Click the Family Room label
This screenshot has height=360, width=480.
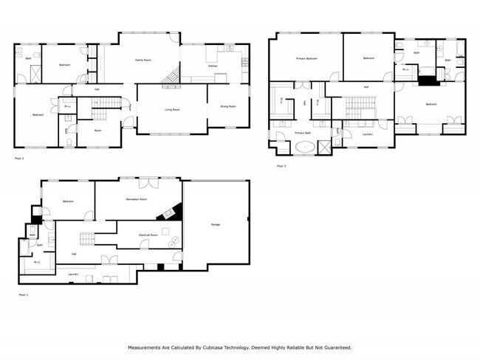[x=143, y=59]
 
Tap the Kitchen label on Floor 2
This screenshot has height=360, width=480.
[x=212, y=66]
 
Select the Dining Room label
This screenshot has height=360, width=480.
[x=228, y=106]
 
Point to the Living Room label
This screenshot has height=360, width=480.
[x=173, y=109]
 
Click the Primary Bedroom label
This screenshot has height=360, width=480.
[x=306, y=58]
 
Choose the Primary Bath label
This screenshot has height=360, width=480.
[x=303, y=133]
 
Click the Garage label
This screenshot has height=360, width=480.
[x=216, y=224]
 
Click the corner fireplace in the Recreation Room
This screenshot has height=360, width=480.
[x=168, y=212]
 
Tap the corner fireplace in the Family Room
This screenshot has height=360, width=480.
[x=172, y=75]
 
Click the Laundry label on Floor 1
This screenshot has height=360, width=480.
[x=73, y=274]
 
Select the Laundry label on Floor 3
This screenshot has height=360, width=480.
[x=367, y=134]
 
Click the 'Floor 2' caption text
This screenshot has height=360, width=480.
[x=19, y=158]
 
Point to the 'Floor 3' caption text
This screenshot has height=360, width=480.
[x=281, y=166]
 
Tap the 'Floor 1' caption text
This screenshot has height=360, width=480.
[x=22, y=294]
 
